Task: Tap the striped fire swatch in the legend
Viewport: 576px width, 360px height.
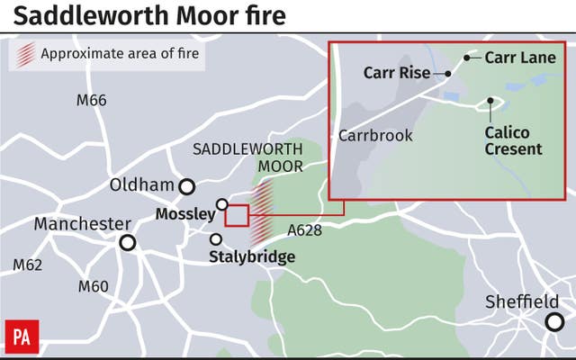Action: click(x=26, y=54)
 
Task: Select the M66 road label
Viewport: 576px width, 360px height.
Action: click(x=91, y=100)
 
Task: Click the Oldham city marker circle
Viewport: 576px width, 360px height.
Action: click(x=187, y=186)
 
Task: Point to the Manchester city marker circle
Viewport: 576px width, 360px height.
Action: click(x=128, y=242)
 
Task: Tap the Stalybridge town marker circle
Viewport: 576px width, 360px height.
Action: click(x=216, y=239)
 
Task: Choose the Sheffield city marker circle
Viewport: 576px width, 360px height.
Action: click(x=554, y=321)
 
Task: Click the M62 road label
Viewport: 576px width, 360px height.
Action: click(x=28, y=265)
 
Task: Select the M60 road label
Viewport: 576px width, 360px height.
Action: click(x=93, y=287)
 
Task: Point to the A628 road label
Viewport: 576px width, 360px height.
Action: click(x=304, y=231)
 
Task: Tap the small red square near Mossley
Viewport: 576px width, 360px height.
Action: click(x=236, y=215)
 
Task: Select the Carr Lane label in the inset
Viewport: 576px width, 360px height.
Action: click(x=520, y=58)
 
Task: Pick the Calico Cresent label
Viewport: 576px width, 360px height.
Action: click(x=513, y=140)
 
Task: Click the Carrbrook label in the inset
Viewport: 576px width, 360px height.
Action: click(x=375, y=136)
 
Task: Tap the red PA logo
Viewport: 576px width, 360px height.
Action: click(x=22, y=337)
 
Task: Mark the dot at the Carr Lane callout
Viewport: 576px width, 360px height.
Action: click(x=467, y=58)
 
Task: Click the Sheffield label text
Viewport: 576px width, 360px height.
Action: click(x=521, y=301)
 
